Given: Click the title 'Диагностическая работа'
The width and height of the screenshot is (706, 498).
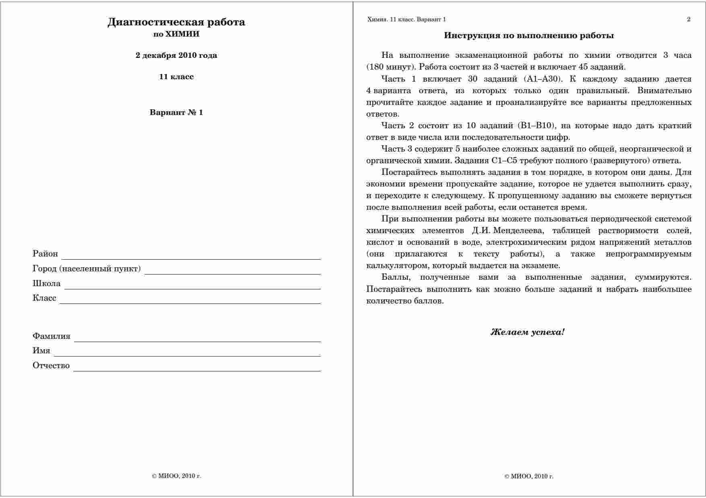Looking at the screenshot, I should [176, 22].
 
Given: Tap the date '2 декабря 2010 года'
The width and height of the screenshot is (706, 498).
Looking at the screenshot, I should [176, 55].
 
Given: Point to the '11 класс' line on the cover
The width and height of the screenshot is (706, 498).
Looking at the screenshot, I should [176, 77].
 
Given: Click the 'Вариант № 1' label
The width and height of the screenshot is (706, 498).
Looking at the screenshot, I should [176, 113].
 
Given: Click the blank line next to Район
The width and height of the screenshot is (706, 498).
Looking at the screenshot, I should [191, 257].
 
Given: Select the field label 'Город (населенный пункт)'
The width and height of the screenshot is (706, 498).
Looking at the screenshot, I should [87, 268].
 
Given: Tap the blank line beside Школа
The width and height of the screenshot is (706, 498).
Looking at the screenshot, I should [192, 287].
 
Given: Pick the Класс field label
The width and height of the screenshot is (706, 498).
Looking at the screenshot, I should [44, 298].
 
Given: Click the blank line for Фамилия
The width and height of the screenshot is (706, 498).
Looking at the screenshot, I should [197, 339].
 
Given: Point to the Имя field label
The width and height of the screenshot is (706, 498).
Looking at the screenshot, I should [41, 350].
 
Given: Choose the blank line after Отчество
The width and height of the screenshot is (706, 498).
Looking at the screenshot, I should [197, 369].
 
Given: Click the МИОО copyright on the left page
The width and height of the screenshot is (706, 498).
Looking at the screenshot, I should [176, 476].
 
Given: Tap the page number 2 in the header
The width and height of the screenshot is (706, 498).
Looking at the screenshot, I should [689, 19].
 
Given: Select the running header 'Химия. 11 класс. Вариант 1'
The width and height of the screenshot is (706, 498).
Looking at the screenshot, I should [407, 19].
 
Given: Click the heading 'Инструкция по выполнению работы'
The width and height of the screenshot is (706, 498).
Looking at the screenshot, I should [528, 35].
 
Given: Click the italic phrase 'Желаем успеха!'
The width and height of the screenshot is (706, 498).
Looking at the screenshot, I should [527, 332].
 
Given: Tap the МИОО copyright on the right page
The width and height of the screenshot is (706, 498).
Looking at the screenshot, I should [528, 476].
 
